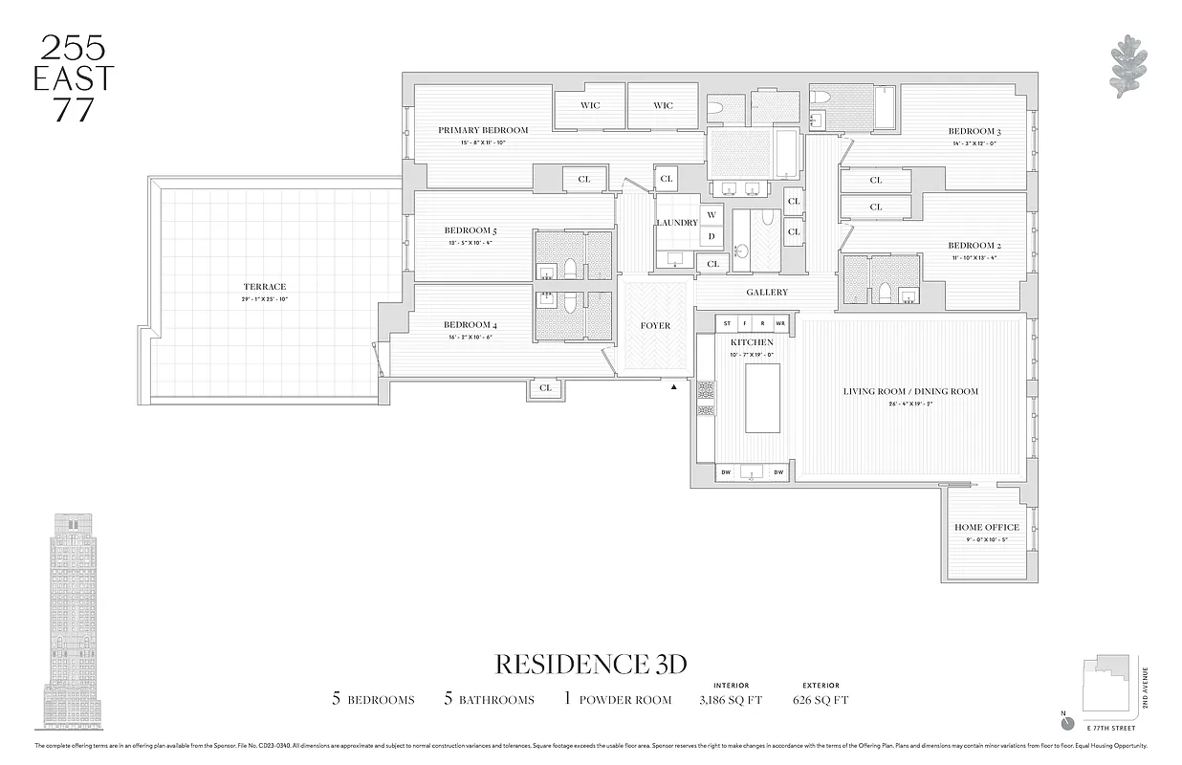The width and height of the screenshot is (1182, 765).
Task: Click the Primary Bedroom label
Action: (x=483, y=130)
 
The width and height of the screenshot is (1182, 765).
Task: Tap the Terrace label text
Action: (x=264, y=287)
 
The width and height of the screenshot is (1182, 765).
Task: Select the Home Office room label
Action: (x=986, y=527)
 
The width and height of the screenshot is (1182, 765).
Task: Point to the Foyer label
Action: (x=655, y=326)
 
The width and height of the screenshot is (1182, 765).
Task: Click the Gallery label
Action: (x=767, y=293)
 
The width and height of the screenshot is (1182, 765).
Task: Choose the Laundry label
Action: (x=676, y=223)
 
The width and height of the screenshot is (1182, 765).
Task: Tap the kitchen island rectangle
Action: (x=762, y=399)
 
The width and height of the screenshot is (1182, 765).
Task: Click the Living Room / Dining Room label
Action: (x=910, y=391)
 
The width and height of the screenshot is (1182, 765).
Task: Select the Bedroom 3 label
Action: (x=974, y=132)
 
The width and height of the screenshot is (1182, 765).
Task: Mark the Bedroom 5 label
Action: (x=470, y=230)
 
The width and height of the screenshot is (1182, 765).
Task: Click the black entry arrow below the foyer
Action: (x=673, y=387)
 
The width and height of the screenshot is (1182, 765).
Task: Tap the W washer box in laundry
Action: (x=711, y=216)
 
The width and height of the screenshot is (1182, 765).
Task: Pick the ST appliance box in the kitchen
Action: (x=728, y=323)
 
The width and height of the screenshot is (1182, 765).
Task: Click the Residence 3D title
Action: (x=590, y=664)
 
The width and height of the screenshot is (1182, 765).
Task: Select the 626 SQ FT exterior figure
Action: (x=820, y=700)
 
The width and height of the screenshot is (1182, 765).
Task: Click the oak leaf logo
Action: (x=1128, y=67)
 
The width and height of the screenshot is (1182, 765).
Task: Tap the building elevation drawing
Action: (x=72, y=621)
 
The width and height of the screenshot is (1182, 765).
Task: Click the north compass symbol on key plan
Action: (x=1068, y=723)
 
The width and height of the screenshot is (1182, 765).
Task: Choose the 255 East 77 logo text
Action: (x=73, y=78)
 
